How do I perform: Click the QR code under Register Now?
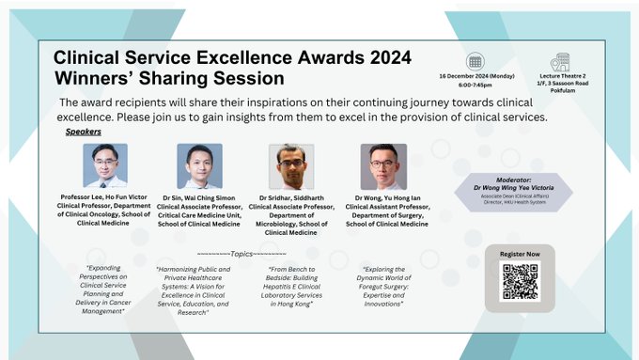coord(520,282)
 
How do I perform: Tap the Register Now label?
coord(520,254)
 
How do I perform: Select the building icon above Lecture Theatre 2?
coord(562,61)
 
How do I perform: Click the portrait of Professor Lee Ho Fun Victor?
coord(104,165)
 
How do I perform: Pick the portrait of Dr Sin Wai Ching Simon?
coord(199,165)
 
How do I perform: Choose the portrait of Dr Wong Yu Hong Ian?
coord(383,166)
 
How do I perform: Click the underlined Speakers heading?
coord(84,133)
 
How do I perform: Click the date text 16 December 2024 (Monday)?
coord(475,75)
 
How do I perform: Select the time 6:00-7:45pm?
coord(475,85)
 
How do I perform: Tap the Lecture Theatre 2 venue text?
coord(561,75)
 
